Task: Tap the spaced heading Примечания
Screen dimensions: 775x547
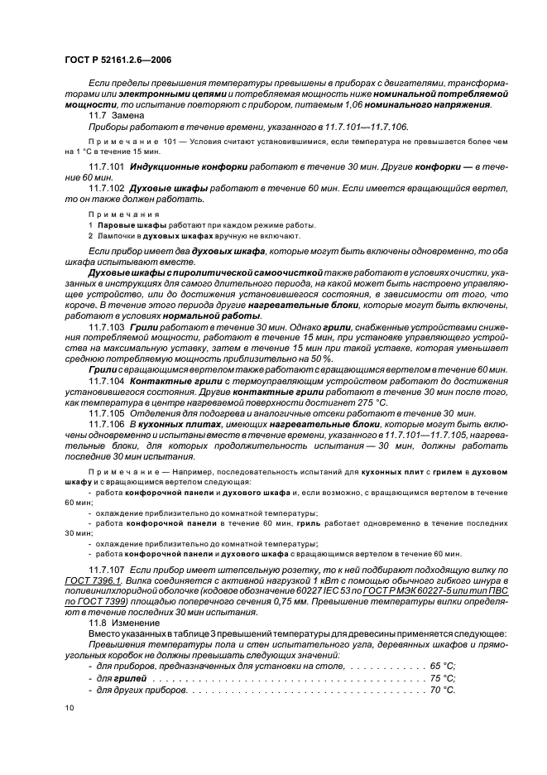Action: tap(112, 214)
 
